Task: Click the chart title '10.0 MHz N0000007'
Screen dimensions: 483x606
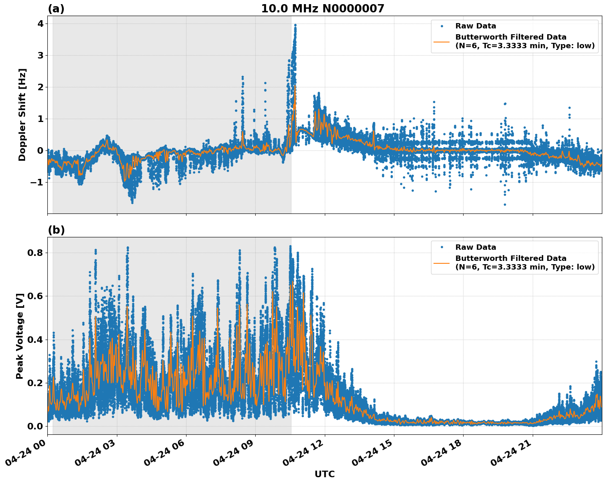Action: tap(322, 9)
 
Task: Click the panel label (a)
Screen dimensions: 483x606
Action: tap(56, 9)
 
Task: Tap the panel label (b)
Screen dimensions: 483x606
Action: tap(56, 230)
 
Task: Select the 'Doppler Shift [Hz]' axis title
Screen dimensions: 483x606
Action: tap(22, 115)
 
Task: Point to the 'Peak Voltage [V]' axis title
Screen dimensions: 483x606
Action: tap(20, 336)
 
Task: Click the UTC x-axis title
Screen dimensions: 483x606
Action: tap(324, 474)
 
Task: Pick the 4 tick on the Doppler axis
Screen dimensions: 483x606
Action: tap(40, 23)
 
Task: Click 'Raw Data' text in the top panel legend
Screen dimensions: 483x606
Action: tap(475, 26)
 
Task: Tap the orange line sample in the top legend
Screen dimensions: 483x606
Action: tap(441, 42)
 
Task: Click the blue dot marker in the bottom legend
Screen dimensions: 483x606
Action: tap(441, 247)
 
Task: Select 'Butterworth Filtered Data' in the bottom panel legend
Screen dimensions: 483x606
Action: tap(510, 258)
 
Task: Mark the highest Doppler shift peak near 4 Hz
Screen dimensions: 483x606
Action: tap(295, 25)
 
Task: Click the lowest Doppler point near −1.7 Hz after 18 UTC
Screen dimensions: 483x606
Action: tap(505, 204)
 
